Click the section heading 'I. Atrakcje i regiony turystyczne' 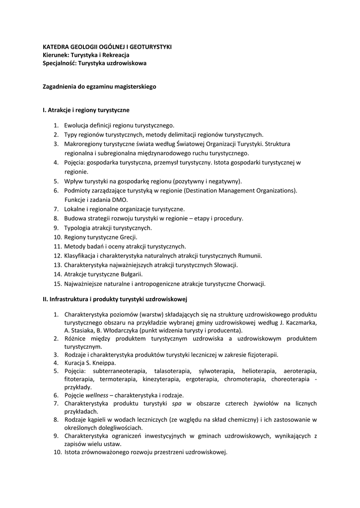point(86,110)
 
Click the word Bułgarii point(130,274)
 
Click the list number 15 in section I point(57,284)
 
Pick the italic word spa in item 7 point(176,404)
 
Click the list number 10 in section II point(57,452)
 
